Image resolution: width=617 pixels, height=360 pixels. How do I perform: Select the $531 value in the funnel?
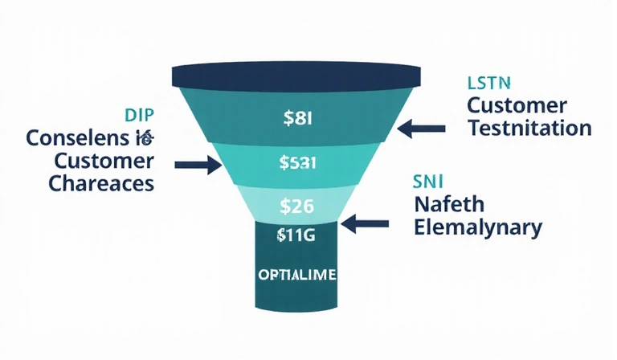point(298,163)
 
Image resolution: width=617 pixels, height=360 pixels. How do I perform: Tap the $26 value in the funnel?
point(297,205)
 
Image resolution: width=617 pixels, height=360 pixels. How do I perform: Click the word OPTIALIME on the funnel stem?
point(297,274)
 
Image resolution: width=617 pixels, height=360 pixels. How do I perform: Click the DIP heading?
point(138,114)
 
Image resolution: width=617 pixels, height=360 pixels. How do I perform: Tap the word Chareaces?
point(101,182)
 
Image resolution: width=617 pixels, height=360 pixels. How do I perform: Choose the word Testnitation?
point(529,127)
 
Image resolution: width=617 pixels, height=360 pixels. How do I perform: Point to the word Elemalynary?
point(478,227)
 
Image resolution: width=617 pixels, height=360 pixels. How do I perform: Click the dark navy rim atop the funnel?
point(298,76)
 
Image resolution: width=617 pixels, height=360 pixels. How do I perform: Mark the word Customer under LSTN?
point(517,104)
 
